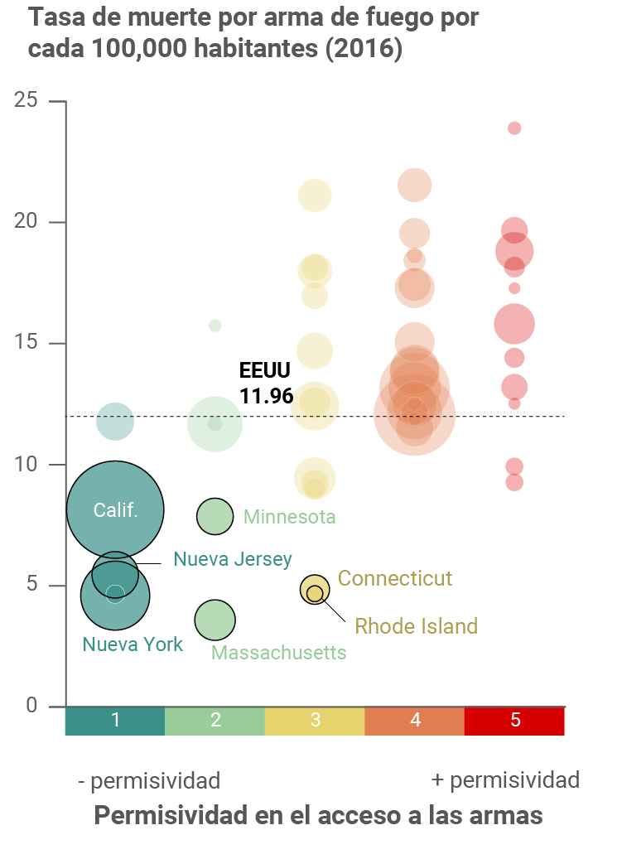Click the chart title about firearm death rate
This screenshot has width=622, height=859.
point(253,33)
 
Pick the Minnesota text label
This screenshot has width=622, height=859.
point(290,518)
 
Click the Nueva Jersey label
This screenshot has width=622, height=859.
point(233,560)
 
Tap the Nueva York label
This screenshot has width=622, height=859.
point(133,644)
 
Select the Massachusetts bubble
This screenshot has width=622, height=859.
point(215,620)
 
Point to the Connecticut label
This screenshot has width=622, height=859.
point(395,578)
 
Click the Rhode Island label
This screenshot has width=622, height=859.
point(417,626)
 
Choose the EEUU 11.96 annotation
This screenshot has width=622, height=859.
point(266,384)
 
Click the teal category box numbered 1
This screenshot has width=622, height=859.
point(115,721)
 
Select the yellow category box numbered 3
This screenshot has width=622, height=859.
point(315,721)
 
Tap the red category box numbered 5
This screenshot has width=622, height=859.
point(514,721)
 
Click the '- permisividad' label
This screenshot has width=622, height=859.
point(149,781)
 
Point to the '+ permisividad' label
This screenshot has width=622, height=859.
point(505,780)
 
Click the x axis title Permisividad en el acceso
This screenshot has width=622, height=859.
point(318,816)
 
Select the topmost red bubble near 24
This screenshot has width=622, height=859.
point(514,128)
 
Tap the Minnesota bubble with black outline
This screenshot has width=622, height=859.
point(215,517)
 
